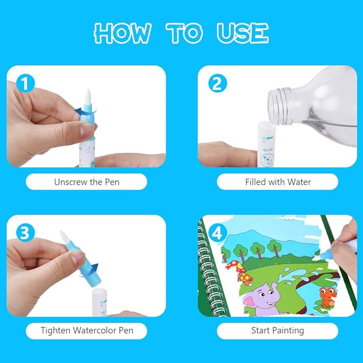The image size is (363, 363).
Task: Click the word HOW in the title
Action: point(122,33)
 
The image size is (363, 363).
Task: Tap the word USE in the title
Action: point(243,33)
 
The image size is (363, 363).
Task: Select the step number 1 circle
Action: point(26,83)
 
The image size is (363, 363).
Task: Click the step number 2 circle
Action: point(218,83)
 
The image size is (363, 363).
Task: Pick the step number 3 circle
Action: point(26,233)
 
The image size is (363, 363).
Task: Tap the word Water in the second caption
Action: point(299,182)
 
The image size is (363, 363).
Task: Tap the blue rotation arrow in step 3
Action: point(90,269)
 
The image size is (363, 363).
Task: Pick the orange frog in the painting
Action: point(326,297)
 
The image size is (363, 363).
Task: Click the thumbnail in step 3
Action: point(76,257)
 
